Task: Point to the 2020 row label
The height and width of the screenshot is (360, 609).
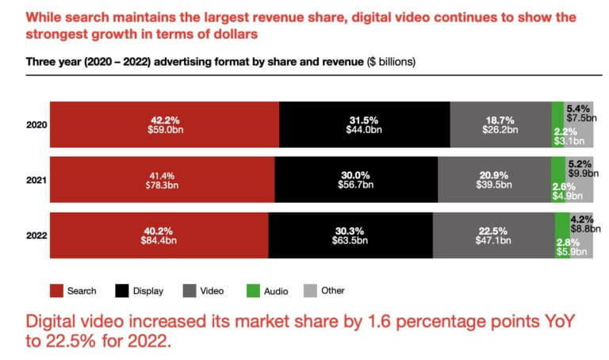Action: click(x=37, y=124)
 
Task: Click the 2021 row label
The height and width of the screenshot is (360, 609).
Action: click(x=37, y=179)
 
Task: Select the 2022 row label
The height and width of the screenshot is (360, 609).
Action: click(x=37, y=236)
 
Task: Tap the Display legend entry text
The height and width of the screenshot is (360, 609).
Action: click(x=149, y=291)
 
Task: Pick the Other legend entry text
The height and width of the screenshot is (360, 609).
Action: click(x=333, y=291)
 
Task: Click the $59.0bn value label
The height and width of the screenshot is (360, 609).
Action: click(x=165, y=129)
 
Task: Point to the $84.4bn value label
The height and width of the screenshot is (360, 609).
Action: click(x=159, y=241)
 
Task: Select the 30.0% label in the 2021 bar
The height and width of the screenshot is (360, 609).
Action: click(x=356, y=173)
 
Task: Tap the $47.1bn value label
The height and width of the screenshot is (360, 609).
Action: click(x=494, y=241)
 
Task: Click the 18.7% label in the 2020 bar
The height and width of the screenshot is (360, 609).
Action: click(x=500, y=119)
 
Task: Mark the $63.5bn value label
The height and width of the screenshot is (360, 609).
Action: click(x=350, y=241)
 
